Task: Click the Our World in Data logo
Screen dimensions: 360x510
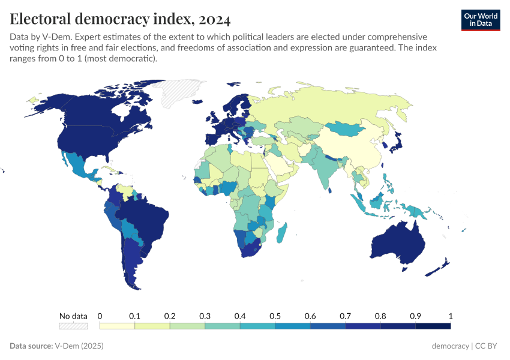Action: (x=480, y=20)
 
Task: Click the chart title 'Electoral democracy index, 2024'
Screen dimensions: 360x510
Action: (x=120, y=19)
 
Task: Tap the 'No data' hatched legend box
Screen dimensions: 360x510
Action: (x=73, y=326)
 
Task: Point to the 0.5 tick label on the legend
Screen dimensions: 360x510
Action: (x=275, y=316)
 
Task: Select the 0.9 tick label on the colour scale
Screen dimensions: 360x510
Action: (x=415, y=316)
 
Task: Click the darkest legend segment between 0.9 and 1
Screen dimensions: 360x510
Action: (x=433, y=326)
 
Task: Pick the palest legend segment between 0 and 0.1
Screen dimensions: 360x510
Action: (x=117, y=326)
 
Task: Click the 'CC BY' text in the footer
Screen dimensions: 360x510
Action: (x=487, y=346)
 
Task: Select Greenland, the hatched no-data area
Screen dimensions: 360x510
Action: (x=180, y=93)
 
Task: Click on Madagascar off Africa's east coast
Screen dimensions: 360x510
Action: (x=281, y=233)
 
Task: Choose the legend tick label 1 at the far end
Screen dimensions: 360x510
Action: (x=450, y=316)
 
